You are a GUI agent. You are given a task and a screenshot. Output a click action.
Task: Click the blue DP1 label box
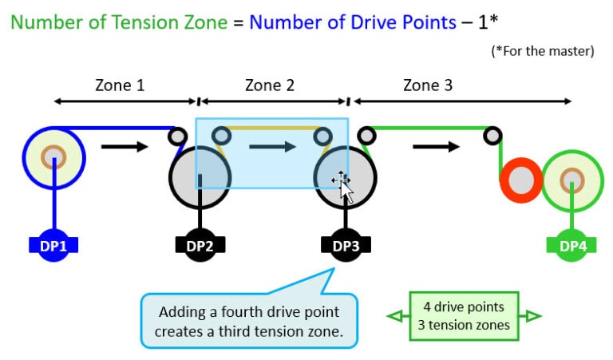point(53,246)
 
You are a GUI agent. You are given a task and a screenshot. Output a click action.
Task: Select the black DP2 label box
point(200,246)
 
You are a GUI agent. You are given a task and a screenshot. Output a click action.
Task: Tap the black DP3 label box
point(346,246)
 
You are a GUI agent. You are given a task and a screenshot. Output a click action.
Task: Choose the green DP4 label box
point(572,246)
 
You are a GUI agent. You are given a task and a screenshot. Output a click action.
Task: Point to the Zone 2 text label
point(270,85)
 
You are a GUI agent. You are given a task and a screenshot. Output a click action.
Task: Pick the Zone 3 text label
point(428,85)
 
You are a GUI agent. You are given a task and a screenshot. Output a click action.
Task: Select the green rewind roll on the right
point(572,180)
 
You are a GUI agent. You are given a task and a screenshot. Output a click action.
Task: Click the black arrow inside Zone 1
point(125,146)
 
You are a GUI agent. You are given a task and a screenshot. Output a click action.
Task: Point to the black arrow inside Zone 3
point(436,146)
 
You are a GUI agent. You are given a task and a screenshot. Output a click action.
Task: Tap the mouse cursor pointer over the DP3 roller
point(343,186)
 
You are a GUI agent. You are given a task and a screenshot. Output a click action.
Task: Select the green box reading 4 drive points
point(464,316)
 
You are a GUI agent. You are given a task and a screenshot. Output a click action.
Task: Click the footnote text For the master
point(543,52)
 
